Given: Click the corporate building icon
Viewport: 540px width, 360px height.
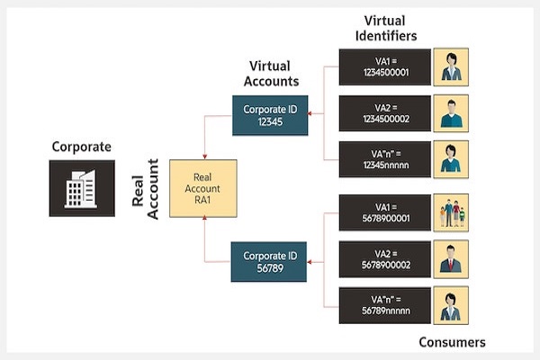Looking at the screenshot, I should click(81, 189).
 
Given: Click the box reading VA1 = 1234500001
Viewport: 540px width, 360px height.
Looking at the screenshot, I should click(383, 67).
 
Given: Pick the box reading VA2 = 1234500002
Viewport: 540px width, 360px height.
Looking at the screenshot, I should click(383, 113).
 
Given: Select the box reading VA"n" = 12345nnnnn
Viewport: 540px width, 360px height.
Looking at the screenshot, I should click(383, 159).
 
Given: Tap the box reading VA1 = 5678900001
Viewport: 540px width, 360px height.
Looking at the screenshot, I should click(383, 212).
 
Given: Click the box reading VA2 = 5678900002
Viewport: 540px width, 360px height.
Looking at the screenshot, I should click(383, 258).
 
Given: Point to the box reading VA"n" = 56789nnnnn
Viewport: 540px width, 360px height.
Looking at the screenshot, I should click(383, 304).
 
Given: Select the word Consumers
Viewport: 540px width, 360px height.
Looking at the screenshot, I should click(452, 342).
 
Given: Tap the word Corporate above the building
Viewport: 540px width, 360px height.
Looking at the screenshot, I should click(81, 146).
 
